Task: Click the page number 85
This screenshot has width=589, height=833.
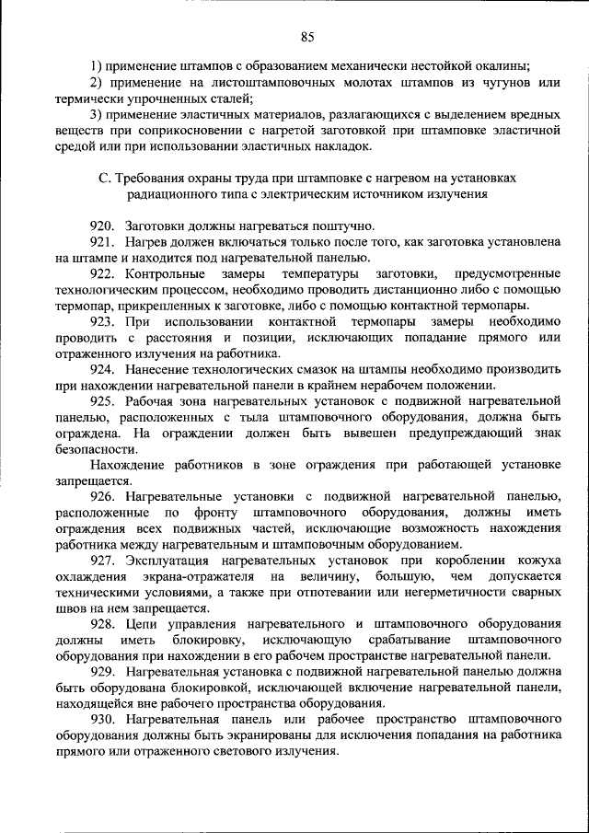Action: tap(307, 37)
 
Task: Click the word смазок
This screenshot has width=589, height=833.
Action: tap(297, 369)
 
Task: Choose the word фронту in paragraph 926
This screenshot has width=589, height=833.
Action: tap(213, 512)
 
